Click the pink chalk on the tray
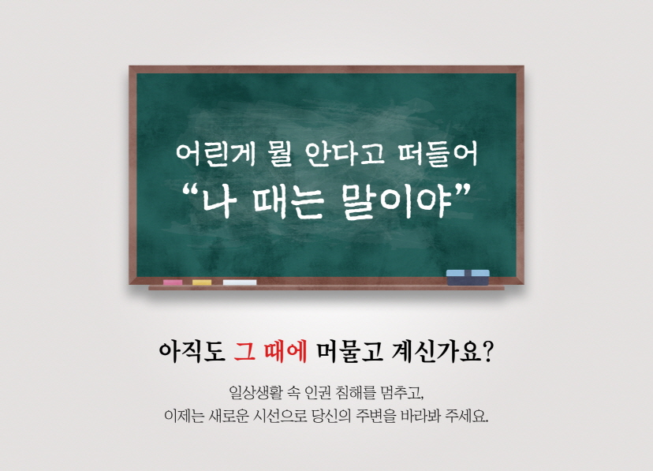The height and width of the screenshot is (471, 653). click(173, 282)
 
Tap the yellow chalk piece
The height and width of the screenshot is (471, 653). click(202, 282)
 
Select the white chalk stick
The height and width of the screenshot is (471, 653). click(240, 282)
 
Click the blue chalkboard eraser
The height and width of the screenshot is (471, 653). click(468, 278)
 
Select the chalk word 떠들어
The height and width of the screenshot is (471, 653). click(438, 154)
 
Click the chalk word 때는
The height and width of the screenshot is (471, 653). click(288, 203)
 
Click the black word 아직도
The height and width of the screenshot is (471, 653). click(192, 352)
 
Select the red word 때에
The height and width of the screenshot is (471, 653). click(285, 352)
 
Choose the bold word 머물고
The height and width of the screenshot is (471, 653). click(349, 352)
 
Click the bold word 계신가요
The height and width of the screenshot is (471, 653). click(436, 352)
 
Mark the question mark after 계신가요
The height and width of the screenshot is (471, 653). click(487, 353)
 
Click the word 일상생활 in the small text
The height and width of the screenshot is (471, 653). click(256, 392)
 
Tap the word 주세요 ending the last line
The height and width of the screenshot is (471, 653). click(466, 416)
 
